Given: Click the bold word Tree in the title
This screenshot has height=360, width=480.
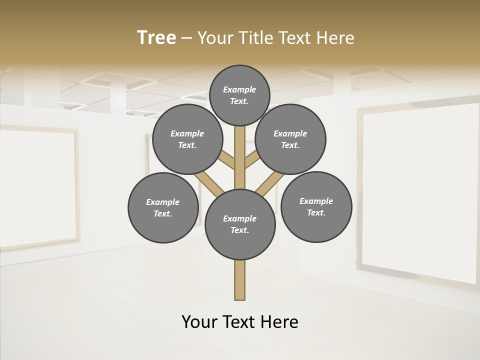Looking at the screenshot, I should point(156,38).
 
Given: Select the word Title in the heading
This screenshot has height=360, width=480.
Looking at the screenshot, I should point(256,38).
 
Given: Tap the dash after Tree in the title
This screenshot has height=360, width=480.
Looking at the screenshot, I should point(186,38).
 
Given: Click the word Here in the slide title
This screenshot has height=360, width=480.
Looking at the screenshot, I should point(336,38).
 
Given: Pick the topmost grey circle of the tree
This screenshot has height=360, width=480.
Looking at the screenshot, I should point(239,95).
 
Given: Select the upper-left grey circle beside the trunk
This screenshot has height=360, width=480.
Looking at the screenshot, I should point(187,139).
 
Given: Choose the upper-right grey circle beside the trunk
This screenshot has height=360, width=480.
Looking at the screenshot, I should point(290,139).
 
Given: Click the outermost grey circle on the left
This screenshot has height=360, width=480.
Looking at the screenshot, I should point(163,207).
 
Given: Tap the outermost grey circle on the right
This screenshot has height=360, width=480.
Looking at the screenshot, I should point(316,206).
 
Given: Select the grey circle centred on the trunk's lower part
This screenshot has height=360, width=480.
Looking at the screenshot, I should point(240,224).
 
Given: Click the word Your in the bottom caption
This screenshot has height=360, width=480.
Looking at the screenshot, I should point(199,322).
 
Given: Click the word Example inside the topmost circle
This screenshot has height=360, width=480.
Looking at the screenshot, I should point(239,89).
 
